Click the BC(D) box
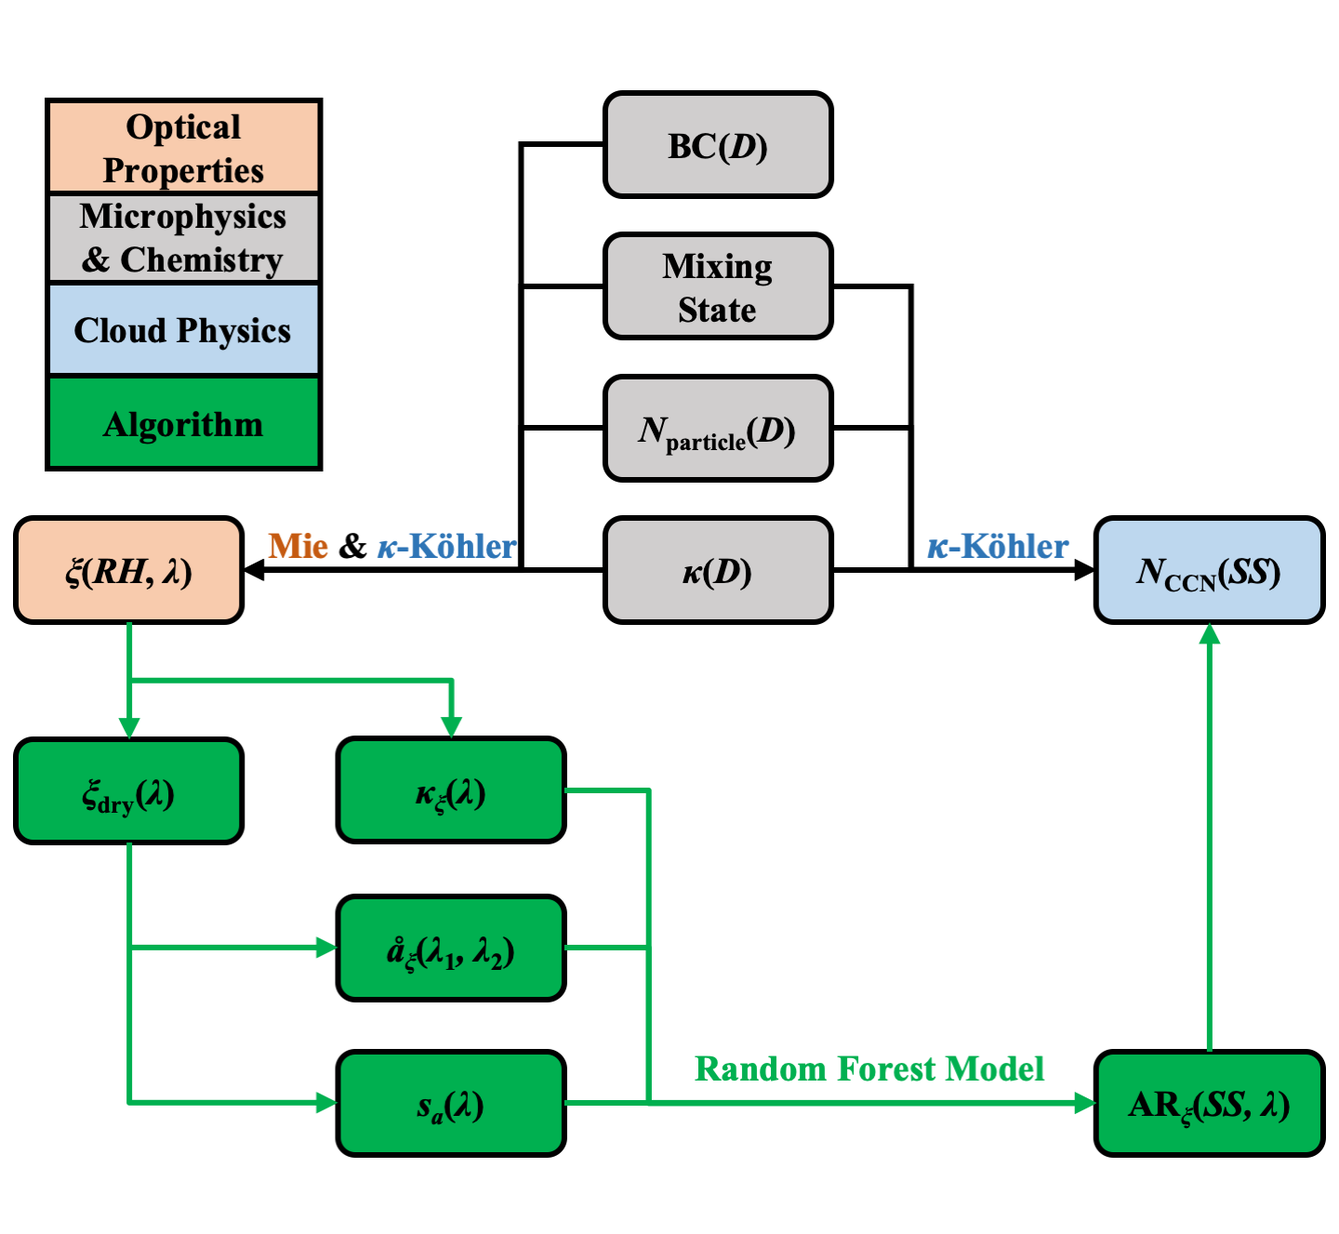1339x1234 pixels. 717,145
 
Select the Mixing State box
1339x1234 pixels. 717,286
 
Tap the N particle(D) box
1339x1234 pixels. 717,429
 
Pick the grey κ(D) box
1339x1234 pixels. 717,570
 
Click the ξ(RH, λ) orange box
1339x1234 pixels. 129,570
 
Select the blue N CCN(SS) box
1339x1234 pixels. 1209,570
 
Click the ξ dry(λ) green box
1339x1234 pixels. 129,791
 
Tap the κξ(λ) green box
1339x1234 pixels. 451,791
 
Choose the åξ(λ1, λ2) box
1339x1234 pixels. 451,949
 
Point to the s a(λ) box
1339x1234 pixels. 451,1104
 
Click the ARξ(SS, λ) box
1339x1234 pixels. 1209,1104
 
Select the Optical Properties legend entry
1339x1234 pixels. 183,147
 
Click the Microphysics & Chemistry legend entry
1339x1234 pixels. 183,238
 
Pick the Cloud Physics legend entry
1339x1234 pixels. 183,330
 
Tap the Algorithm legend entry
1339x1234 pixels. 183,423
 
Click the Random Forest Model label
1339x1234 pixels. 869,1068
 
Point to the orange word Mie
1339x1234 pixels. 298,546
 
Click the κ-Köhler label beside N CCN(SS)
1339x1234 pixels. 998,546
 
